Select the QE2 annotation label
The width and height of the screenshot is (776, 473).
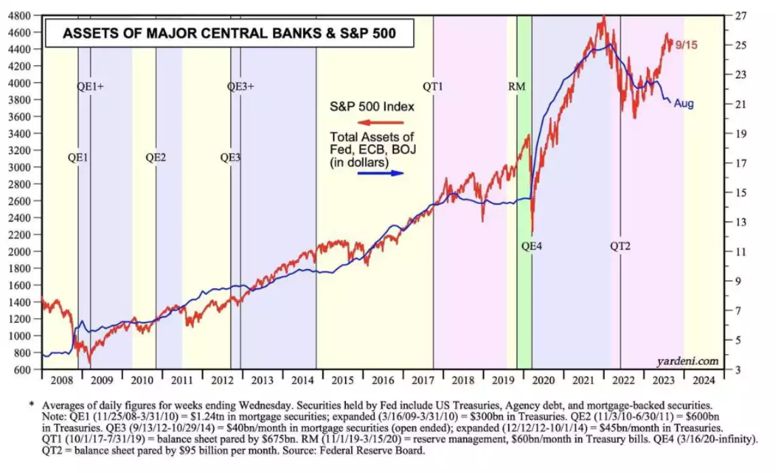click(x=156, y=157)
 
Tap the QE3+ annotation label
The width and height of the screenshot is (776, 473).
click(x=241, y=86)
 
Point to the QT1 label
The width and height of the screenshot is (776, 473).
click(x=433, y=86)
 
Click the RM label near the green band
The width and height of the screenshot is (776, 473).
click(x=516, y=86)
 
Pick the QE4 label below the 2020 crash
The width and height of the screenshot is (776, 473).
click(x=531, y=246)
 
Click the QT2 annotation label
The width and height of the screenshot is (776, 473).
click(x=620, y=246)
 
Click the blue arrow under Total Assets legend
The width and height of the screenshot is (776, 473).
click(x=381, y=173)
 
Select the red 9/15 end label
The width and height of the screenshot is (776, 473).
click(x=686, y=45)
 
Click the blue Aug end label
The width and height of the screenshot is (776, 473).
click(x=684, y=104)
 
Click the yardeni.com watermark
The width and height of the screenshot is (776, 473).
click(x=688, y=360)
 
